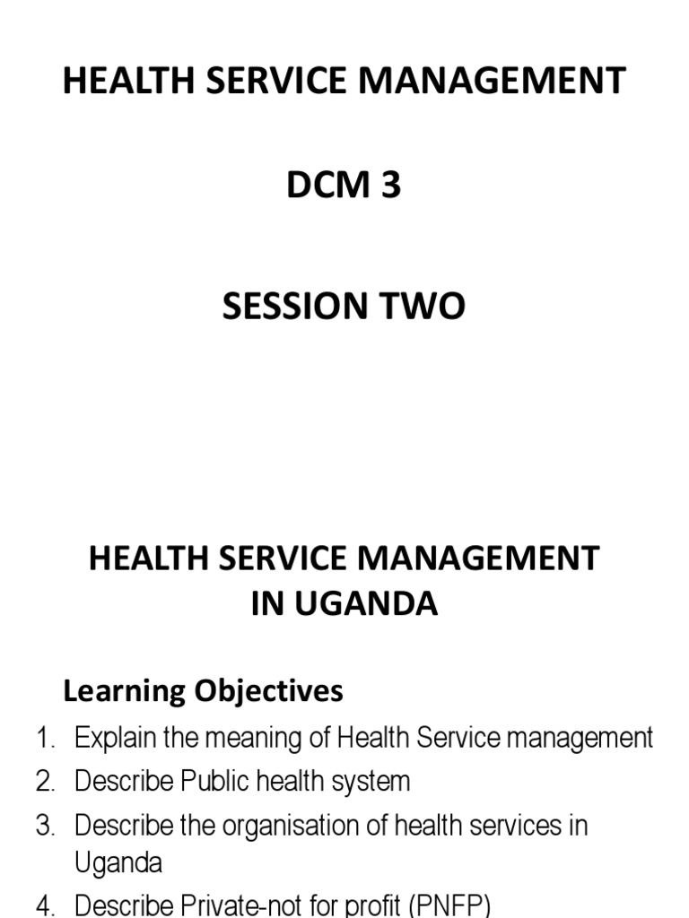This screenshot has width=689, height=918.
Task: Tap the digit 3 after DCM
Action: (390, 186)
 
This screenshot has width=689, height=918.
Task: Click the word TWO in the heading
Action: (426, 307)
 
